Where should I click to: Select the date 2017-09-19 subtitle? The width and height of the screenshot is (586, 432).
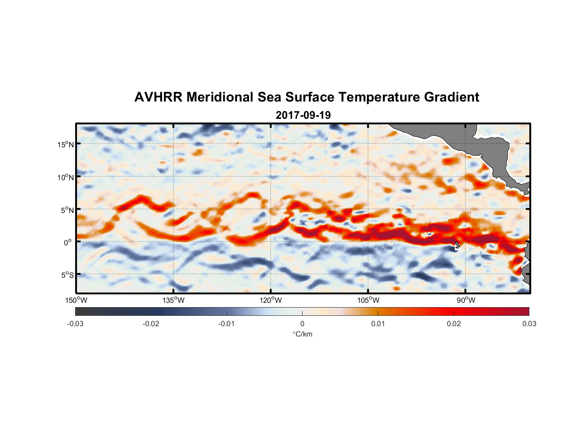(303, 115)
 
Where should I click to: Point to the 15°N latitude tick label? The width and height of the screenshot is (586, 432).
(66, 144)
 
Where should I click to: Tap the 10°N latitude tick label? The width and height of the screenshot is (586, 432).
(66, 177)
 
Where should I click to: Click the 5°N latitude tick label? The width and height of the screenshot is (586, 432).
(67, 210)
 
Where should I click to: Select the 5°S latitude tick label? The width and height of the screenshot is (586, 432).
(67, 275)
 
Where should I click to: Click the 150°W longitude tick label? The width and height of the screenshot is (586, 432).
(76, 300)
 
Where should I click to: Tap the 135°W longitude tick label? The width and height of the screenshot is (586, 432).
(174, 300)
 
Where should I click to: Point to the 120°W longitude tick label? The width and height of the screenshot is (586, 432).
(271, 300)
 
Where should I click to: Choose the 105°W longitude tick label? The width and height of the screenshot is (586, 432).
(368, 300)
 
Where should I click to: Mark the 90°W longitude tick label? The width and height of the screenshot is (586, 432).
(466, 300)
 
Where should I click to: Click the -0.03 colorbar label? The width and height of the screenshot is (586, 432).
(75, 324)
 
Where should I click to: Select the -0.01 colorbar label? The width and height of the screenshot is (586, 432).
(226, 324)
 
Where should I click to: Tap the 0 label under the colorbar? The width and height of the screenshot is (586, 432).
(302, 324)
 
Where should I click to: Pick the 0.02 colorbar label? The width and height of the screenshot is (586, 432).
(454, 324)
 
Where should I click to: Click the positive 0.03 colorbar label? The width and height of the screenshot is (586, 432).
(529, 324)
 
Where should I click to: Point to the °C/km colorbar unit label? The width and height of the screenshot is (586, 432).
(303, 334)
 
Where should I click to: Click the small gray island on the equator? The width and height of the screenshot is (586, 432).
(457, 245)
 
